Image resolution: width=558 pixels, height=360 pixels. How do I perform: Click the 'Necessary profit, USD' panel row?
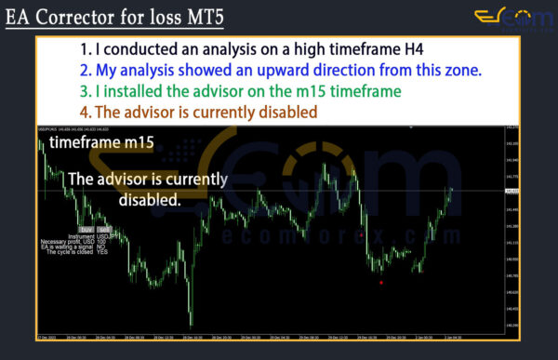[70, 241]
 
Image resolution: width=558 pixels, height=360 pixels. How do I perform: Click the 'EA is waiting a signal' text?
[72, 247]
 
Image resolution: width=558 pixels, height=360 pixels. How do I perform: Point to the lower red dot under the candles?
[381, 281]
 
